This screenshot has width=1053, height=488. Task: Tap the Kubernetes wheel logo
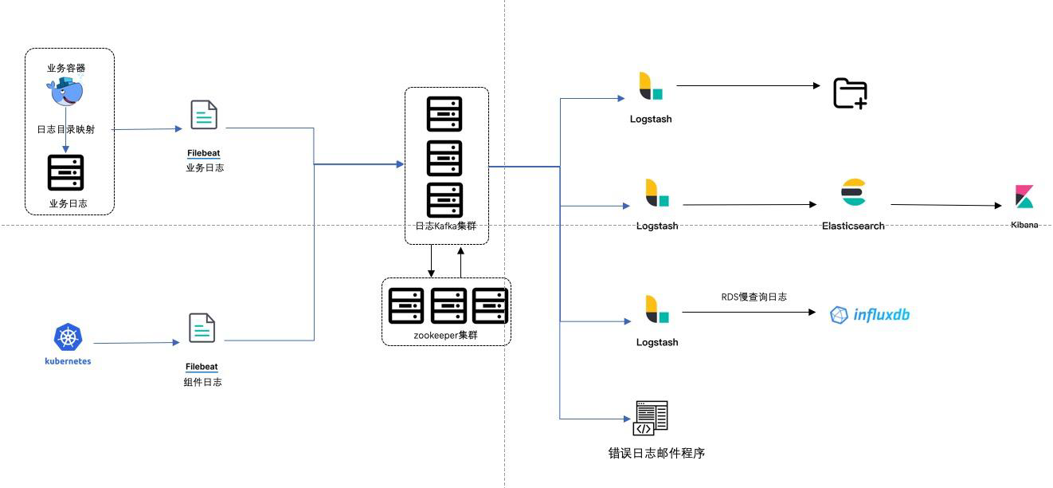coord(69,337)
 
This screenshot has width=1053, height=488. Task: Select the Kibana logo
coord(1024,196)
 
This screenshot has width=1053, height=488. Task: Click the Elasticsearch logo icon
coord(853,192)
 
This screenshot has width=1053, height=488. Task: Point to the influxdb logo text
coord(882,314)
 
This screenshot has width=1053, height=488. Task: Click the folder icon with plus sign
coord(850,93)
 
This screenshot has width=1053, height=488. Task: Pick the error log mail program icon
coord(651,418)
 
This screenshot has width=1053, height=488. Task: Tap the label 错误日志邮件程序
coord(656,453)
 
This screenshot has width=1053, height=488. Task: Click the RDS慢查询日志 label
coord(754,297)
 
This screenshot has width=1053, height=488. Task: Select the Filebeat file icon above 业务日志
coord(204,115)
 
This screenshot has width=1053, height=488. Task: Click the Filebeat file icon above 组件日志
coord(202,328)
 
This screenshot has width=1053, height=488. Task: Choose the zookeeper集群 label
coord(445,335)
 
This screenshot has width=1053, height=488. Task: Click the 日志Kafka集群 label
coord(445,226)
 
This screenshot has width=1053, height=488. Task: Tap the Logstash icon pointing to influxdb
coord(656,309)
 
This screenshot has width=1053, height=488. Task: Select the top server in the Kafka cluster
coord(444,114)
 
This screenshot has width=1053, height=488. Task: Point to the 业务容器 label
coord(66,68)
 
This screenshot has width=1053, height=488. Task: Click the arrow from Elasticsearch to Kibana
coord(945,205)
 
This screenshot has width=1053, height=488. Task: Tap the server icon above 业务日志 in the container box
coord(66,173)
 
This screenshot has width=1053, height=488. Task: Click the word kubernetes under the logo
coord(68,361)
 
